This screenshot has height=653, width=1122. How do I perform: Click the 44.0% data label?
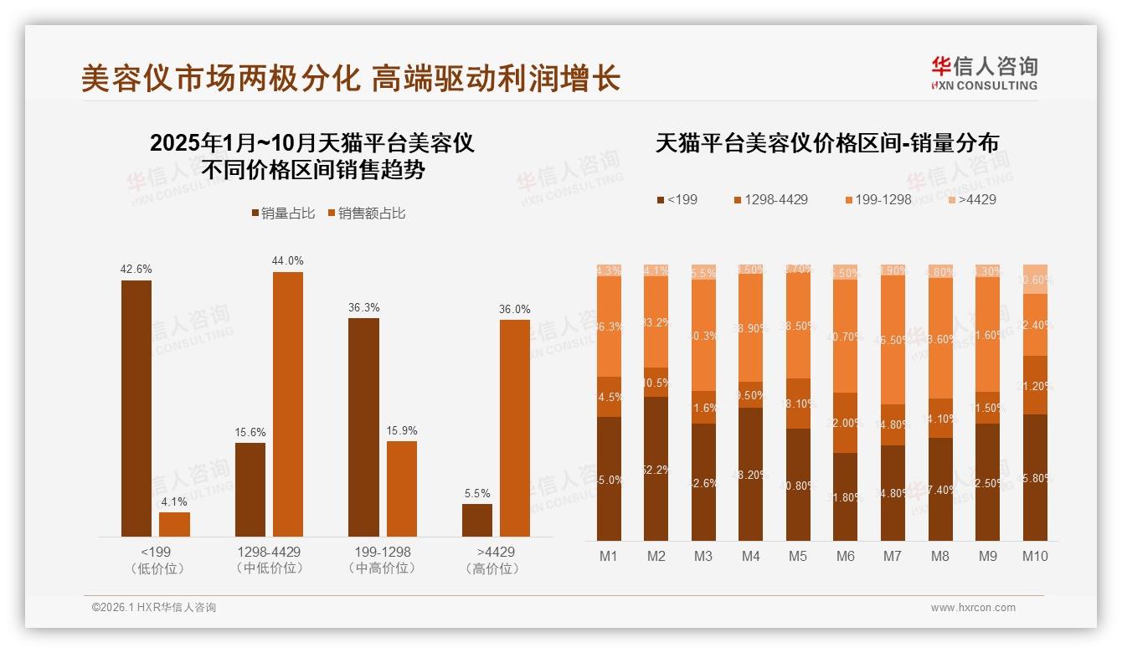coord(287,260)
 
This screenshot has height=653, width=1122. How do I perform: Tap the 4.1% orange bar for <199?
coord(174,524)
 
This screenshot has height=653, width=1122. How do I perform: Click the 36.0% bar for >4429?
coord(515,428)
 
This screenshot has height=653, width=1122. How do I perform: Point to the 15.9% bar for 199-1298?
coord(402,488)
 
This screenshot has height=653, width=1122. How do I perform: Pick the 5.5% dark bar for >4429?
coord(477,520)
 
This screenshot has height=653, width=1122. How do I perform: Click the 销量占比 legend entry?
coord(283,213)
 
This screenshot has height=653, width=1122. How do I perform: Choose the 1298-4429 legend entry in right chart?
coord(770,199)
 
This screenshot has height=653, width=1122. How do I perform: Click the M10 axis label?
coord(1035,556)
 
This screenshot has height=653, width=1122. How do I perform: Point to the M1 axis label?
coord(609,556)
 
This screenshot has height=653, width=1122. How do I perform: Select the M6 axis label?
coord(846,556)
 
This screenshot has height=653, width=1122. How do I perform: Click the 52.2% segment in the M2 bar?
coord(656,469)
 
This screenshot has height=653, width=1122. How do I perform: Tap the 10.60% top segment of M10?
coord(1036,279)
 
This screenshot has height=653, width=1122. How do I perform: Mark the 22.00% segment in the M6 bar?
coord(846,423)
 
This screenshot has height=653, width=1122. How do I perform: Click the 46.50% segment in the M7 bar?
coord(893,340)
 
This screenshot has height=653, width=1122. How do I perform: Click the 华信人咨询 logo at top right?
coord(984,73)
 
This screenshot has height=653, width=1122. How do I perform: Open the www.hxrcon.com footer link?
coord(973,608)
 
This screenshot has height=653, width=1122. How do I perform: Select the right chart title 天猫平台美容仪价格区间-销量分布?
coord(826,143)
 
